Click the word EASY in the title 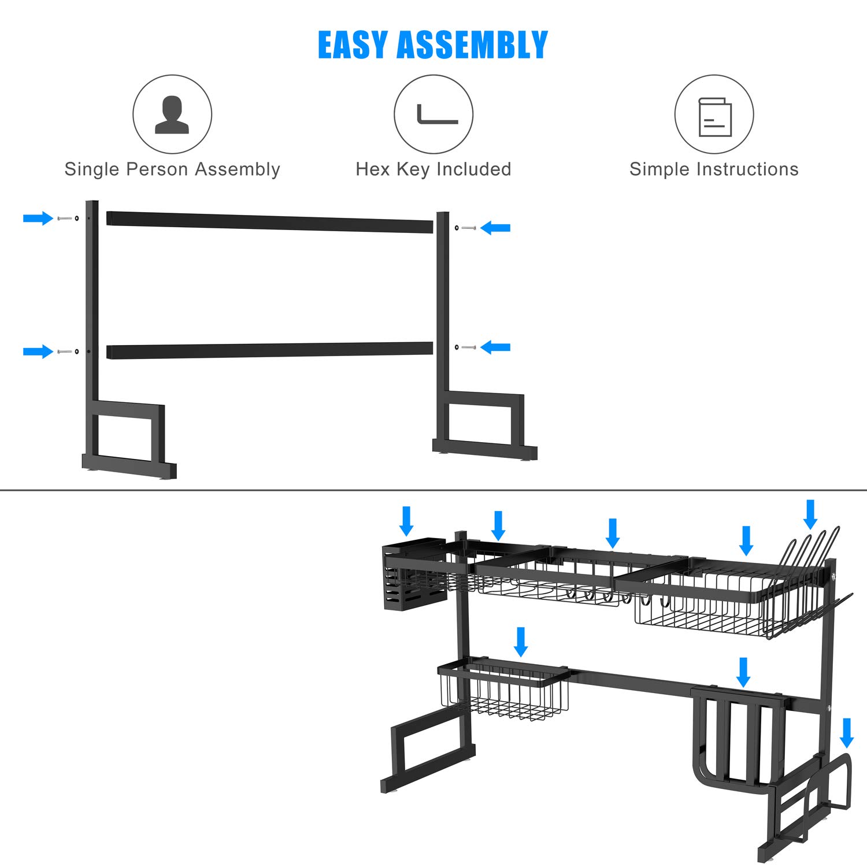(x=353, y=45)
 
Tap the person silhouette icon (x=172, y=115)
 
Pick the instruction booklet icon (x=715, y=117)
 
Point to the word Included (x=474, y=169)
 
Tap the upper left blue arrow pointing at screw (x=38, y=218)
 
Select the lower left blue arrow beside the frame (x=38, y=351)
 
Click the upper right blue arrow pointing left (x=496, y=228)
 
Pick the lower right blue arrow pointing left (x=496, y=347)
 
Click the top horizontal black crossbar (x=269, y=223)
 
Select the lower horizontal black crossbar (x=269, y=350)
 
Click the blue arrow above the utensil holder (x=406, y=521)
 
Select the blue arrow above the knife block (x=744, y=672)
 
